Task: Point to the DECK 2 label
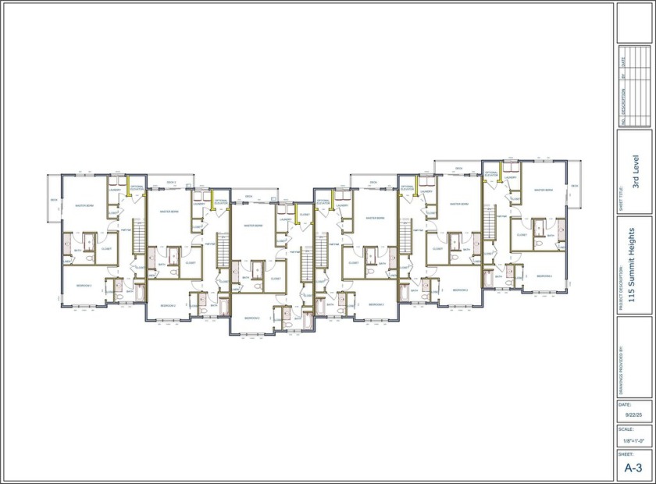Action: [171, 183]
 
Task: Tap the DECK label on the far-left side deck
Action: [54, 200]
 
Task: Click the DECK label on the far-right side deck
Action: [574, 186]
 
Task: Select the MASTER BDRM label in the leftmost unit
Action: [84, 205]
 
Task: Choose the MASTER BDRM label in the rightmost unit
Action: [544, 190]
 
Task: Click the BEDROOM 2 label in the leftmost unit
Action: [84, 286]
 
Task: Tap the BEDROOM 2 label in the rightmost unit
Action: [545, 276]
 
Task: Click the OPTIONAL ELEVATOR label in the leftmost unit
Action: [137, 188]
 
